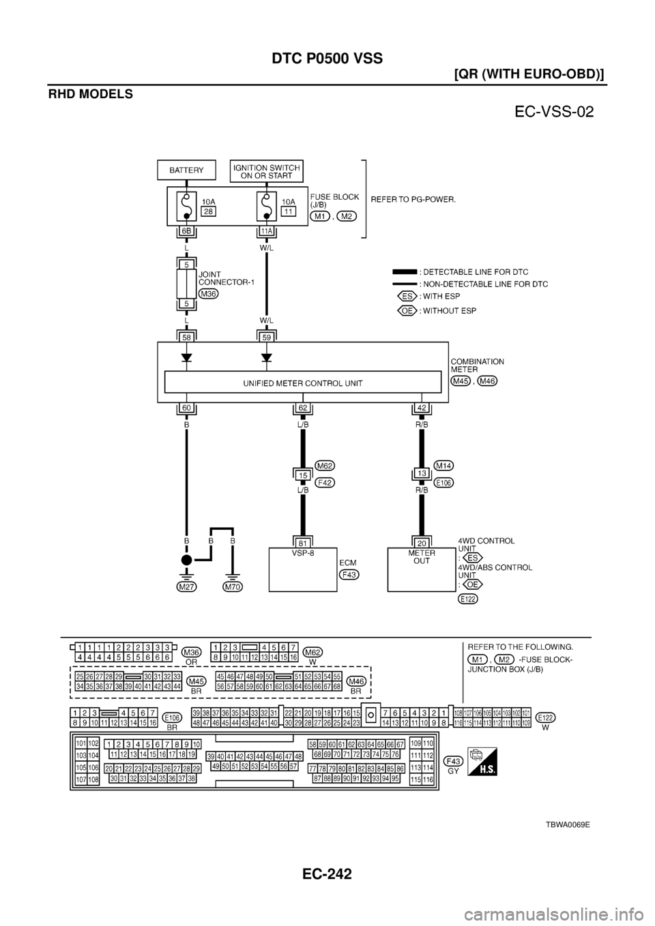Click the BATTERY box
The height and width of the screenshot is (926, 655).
[x=186, y=170]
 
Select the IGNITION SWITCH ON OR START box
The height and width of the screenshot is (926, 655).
[x=267, y=170]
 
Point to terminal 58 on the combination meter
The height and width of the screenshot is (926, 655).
[x=186, y=337]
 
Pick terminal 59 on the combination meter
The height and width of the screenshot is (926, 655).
[x=266, y=337]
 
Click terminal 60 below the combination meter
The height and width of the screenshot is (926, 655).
[x=186, y=409]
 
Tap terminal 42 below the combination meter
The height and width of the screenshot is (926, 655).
[x=422, y=409]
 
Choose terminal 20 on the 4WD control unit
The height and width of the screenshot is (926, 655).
[x=422, y=543]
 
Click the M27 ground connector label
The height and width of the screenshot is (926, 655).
[x=186, y=586]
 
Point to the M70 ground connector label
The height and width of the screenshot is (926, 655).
[x=233, y=586]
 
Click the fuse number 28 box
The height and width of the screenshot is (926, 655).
[x=208, y=212]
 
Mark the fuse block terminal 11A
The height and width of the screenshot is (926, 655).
[x=266, y=232]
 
